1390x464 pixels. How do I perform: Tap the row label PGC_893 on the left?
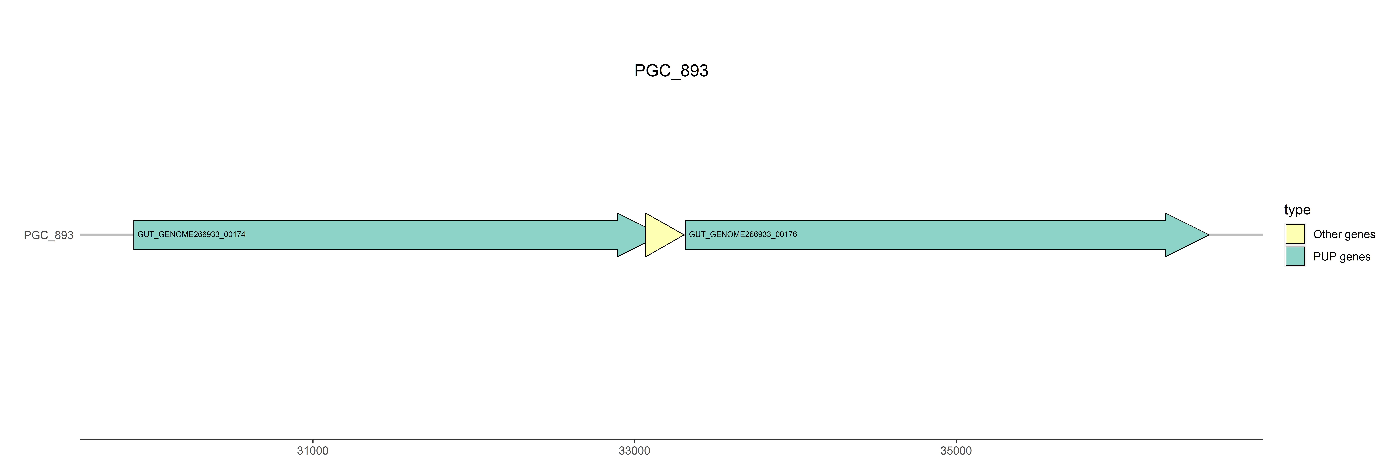pos(48,236)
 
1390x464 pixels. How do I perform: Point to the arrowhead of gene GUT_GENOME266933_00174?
pos(630,235)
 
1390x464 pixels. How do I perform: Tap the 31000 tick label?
pos(312,451)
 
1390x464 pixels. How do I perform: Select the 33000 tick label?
pos(634,451)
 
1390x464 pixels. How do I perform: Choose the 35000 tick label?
pos(956,451)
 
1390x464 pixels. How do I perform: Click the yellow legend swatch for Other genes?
pos(1295,234)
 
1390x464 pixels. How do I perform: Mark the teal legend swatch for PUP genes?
pos(1295,256)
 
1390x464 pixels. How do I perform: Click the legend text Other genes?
pos(1344,234)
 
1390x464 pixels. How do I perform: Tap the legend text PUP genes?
pos(1342,257)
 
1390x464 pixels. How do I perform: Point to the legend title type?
pos(1297,210)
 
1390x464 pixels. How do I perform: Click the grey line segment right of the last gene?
pos(1236,235)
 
